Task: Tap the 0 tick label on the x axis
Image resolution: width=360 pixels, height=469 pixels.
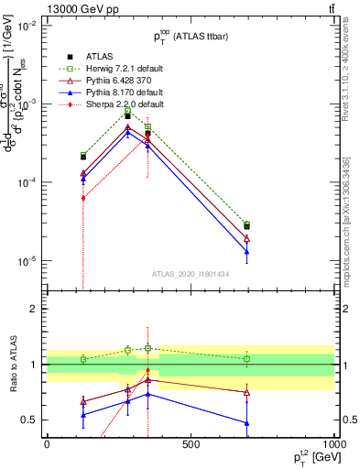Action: (47, 444)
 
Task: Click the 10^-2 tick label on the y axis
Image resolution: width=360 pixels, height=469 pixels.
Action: (27, 26)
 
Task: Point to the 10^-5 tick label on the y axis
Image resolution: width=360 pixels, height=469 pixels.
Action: (27, 261)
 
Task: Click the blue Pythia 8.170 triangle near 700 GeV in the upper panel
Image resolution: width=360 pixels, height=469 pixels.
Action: (247, 252)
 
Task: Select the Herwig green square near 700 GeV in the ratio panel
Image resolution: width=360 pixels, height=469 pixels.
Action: (247, 359)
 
